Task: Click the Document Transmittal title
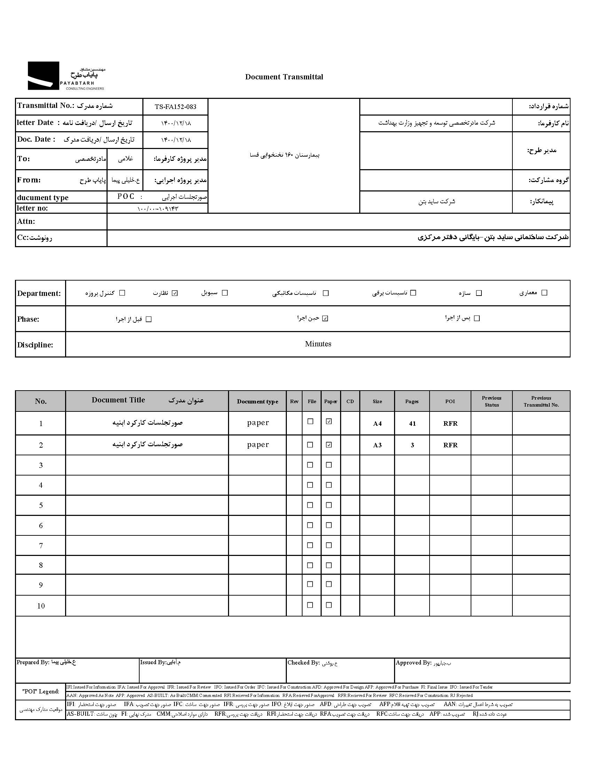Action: [x=284, y=77]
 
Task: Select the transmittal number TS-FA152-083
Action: [x=175, y=107]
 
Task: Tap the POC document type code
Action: [x=126, y=196]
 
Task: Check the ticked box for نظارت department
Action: [x=175, y=293]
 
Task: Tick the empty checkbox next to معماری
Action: [x=544, y=293]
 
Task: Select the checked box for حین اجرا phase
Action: [x=325, y=318]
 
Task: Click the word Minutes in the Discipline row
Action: [x=318, y=344]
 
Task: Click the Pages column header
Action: [x=412, y=401]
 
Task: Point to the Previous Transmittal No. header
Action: [x=541, y=401]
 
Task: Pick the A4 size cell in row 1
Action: [x=377, y=424]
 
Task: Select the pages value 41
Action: [x=412, y=424]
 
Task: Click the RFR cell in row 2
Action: [x=450, y=445]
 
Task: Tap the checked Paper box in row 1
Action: [x=329, y=422]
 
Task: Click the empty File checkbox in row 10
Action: [x=310, y=605]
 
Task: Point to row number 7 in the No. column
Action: [x=41, y=546]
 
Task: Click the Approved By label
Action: [x=414, y=662]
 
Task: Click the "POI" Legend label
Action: [x=40, y=691]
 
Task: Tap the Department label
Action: [x=39, y=293]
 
